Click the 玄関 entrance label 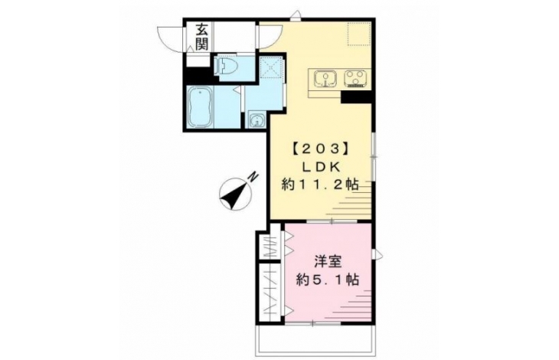coord(201,37)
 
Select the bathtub coord(200,107)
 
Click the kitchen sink coord(325,78)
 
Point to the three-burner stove coord(356,78)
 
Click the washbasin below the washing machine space coord(257,119)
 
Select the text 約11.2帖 coord(320,185)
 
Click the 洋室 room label coord(328,262)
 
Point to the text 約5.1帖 coord(328,280)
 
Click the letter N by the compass coord(253,177)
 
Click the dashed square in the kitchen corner coord(359,34)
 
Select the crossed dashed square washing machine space coord(270,67)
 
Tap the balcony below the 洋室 coord(315,340)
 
